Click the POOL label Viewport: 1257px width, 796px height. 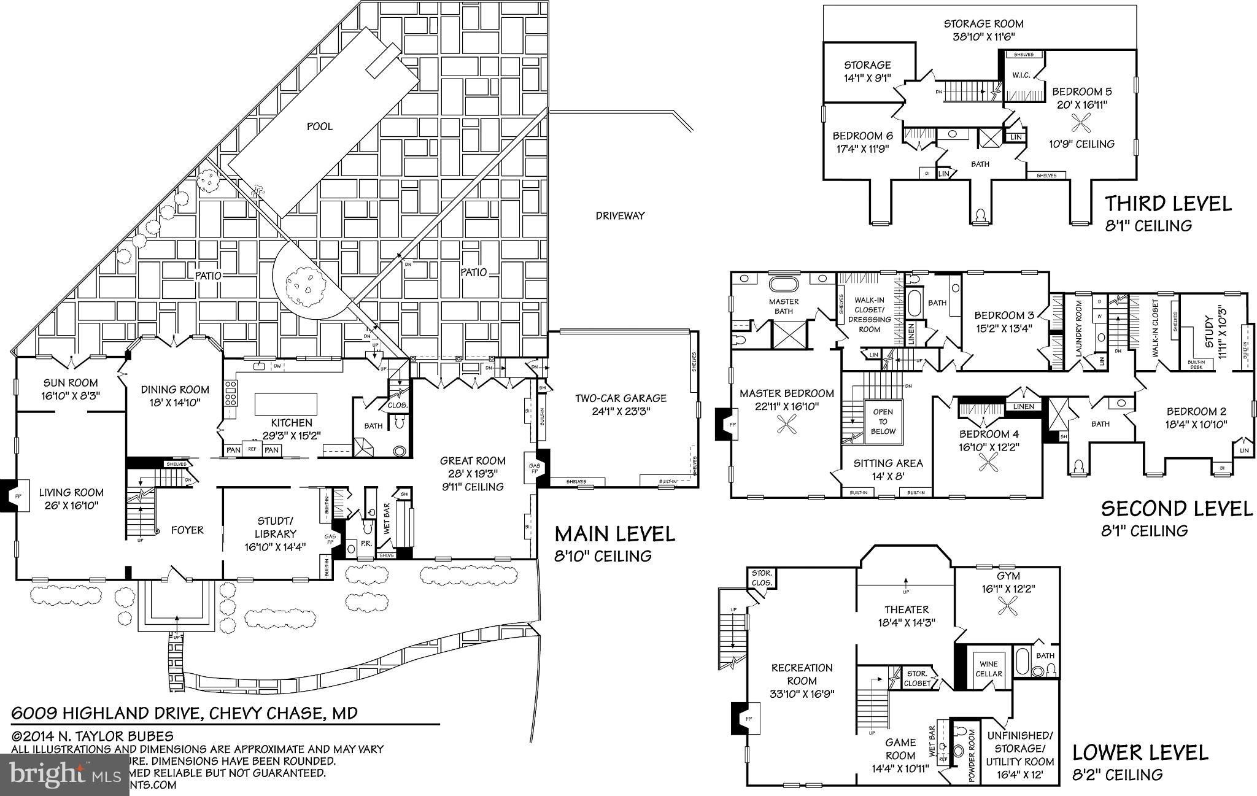pyautogui.click(x=319, y=126)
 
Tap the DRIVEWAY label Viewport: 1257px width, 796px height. pyautogui.click(x=620, y=215)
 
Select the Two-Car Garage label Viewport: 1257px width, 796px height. pyautogui.click(x=621, y=398)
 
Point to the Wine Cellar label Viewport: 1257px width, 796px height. pyautogui.click(x=988, y=668)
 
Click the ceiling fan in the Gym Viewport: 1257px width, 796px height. pyautogui.click(x=1008, y=608)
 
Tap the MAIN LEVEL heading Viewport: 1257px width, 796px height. pyautogui.click(x=614, y=534)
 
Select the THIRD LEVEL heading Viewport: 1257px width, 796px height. pyautogui.click(x=1168, y=204)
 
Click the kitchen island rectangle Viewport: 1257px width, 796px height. pyautogui.click(x=287, y=405)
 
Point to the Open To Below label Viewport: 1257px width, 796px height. pyautogui.click(x=883, y=422)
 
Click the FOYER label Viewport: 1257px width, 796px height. pyautogui.click(x=187, y=530)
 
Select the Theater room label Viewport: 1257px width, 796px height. pyautogui.click(x=907, y=609)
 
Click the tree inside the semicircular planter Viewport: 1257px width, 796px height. pyautogui.click(x=303, y=284)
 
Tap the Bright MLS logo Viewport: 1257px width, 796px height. pyautogui.click(x=64, y=775)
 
